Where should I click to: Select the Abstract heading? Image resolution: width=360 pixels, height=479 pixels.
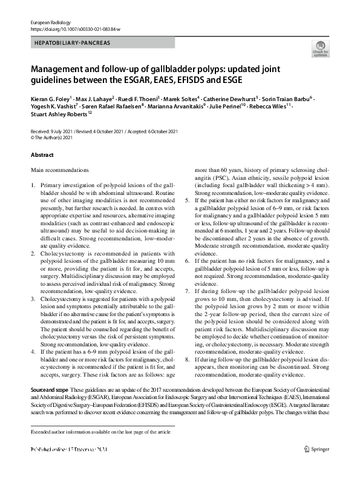pyautogui.click(x=42, y=155)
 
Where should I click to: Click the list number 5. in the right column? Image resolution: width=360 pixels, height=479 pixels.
pyautogui.click(x=187, y=199)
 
